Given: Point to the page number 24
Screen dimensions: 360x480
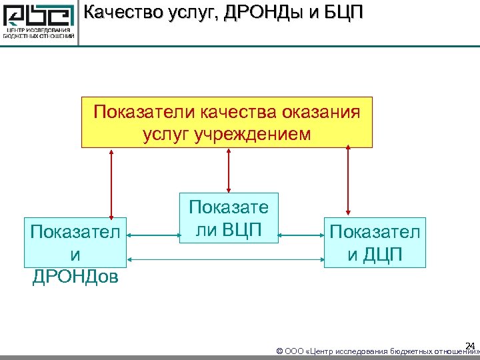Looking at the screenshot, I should click(x=470, y=345).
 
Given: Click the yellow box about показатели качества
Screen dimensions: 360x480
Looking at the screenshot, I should click(x=227, y=122).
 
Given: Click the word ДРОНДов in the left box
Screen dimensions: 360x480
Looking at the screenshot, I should click(x=75, y=275).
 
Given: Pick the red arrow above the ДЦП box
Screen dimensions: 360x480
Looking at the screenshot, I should click(x=347, y=179).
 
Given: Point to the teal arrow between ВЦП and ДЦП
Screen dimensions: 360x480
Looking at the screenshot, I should click(x=301, y=235).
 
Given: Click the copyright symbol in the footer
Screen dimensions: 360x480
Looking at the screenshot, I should click(x=279, y=351).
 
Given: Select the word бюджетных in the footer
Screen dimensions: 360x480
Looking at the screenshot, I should click(x=408, y=351).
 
